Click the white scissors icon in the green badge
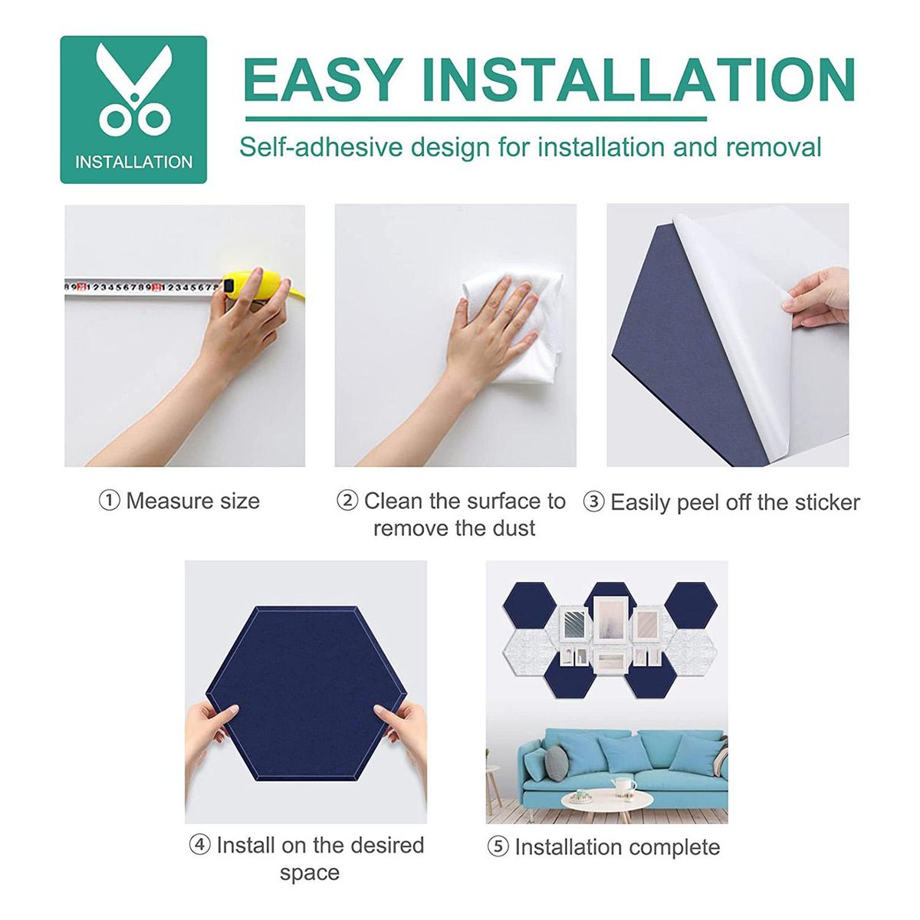pos(133,90)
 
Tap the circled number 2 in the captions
pos(347,501)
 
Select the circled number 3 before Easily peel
pos(594,503)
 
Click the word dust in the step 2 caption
pos(514,528)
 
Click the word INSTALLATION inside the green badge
pos(133,163)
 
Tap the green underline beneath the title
pos(475,118)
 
